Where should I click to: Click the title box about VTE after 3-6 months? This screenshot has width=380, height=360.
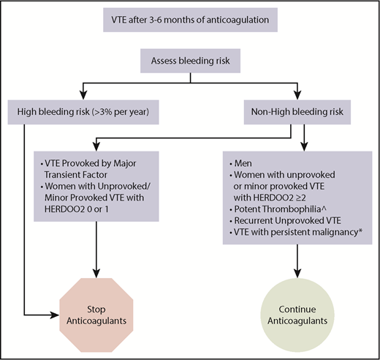point(189,21)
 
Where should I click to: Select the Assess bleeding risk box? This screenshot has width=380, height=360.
point(189,62)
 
